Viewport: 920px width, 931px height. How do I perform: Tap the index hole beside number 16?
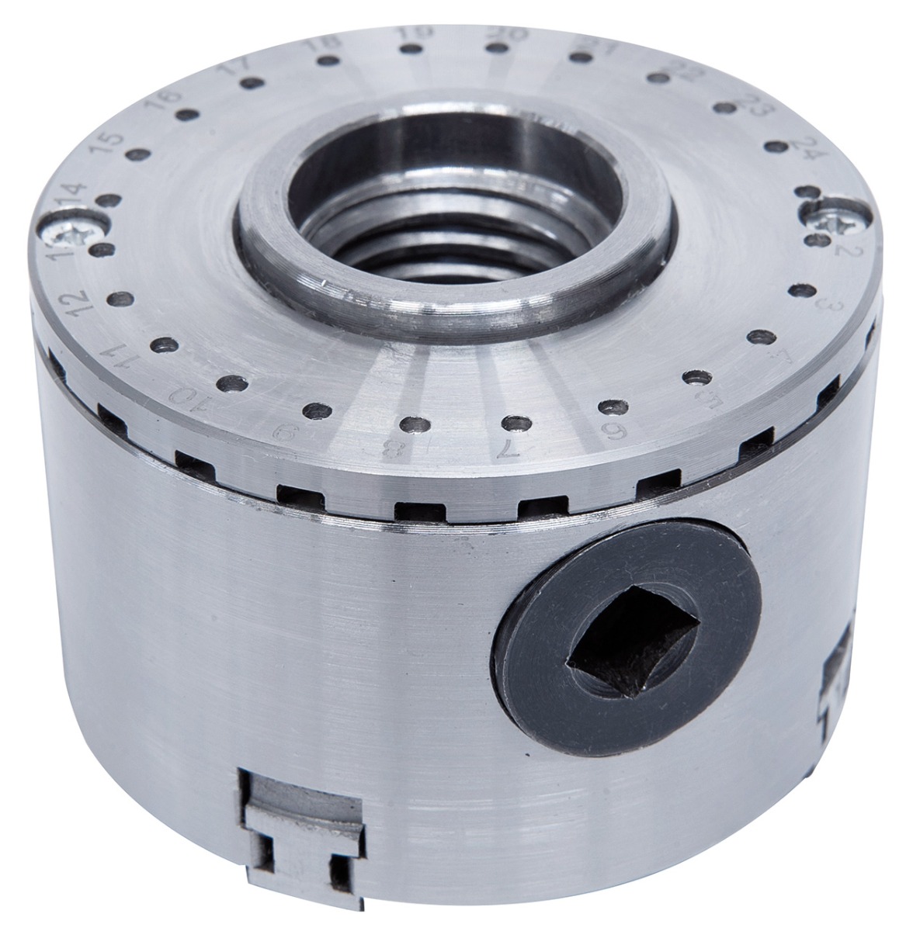point(184,115)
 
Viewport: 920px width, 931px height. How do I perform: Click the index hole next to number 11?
point(162,343)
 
